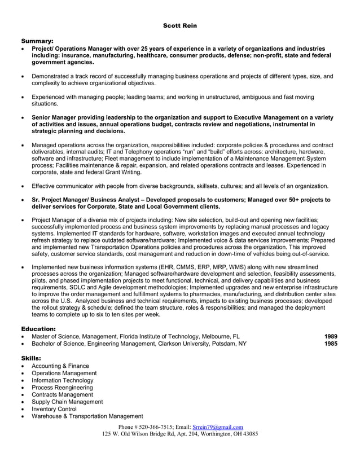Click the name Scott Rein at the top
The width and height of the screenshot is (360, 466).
pos(180,25)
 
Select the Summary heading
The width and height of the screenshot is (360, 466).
pos(37,41)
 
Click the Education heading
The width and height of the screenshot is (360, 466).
pos(38,328)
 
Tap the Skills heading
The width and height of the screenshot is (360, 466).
pos(33,358)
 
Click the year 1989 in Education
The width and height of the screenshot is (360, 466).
pos(331,336)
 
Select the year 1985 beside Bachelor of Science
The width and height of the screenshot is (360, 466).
pos(331,343)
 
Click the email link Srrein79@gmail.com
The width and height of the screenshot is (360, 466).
pos(218,427)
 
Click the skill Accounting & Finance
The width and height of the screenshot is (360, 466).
pos(60,366)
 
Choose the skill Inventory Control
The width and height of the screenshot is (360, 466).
pos(54,409)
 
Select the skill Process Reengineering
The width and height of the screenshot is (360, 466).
pos(62,388)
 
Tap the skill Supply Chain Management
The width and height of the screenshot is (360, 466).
pos(67,402)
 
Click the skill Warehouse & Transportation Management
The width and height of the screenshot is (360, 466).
pos(87,416)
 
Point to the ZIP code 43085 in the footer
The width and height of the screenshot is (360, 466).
pos(248,434)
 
